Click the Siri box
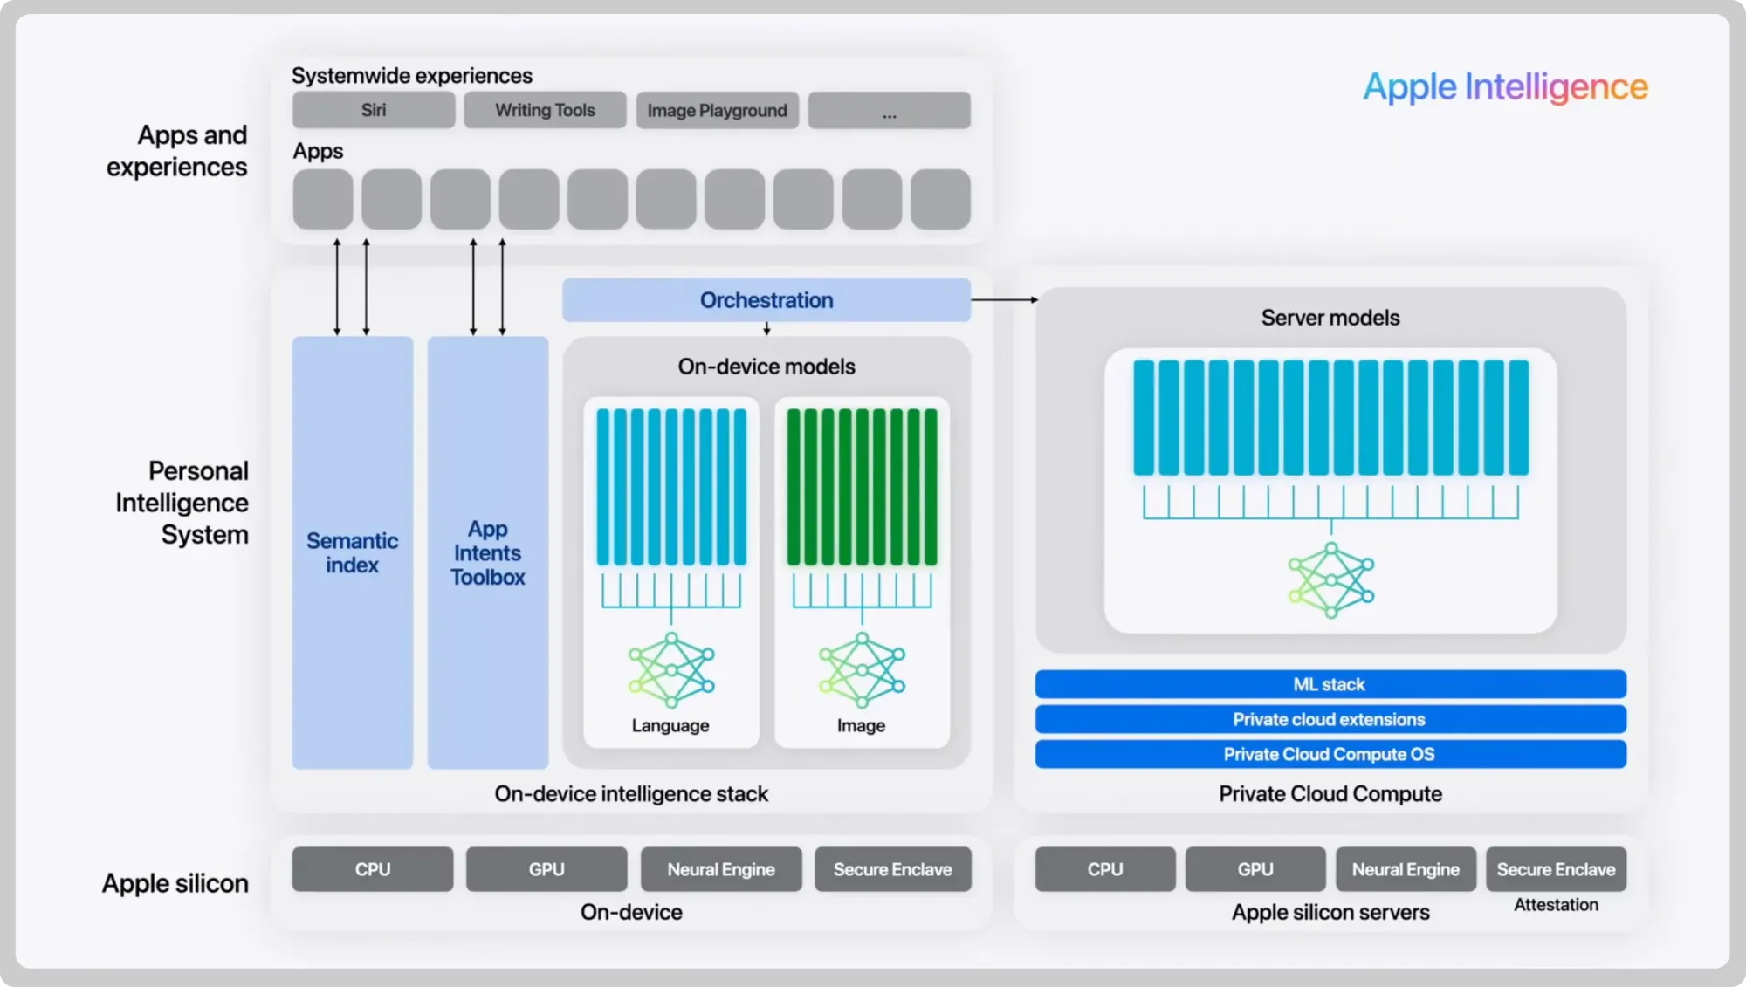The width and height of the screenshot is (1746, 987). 374,111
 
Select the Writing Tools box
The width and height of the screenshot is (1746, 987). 545,111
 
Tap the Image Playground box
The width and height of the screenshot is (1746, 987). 717,111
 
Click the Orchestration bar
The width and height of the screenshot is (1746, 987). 766,300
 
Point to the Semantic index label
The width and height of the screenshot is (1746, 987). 352,553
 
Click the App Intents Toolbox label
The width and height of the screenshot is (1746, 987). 487,553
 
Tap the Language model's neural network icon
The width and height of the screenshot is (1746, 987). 671,669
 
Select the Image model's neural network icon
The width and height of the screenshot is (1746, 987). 862,669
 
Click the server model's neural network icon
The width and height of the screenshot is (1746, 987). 1330,580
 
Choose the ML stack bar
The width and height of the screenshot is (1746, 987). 1330,684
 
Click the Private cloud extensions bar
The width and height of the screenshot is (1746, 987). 1330,719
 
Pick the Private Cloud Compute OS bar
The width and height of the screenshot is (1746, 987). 1330,754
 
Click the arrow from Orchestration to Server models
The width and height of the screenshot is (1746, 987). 1004,299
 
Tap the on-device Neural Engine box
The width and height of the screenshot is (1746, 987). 721,869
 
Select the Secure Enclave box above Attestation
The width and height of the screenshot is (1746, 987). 1556,869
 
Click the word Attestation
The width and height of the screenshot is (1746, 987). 1556,905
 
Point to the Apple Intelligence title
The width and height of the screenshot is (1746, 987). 1505,86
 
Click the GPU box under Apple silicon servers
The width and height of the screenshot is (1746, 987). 1255,869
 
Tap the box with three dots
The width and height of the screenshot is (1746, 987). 889,111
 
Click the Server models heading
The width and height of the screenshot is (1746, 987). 1330,318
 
